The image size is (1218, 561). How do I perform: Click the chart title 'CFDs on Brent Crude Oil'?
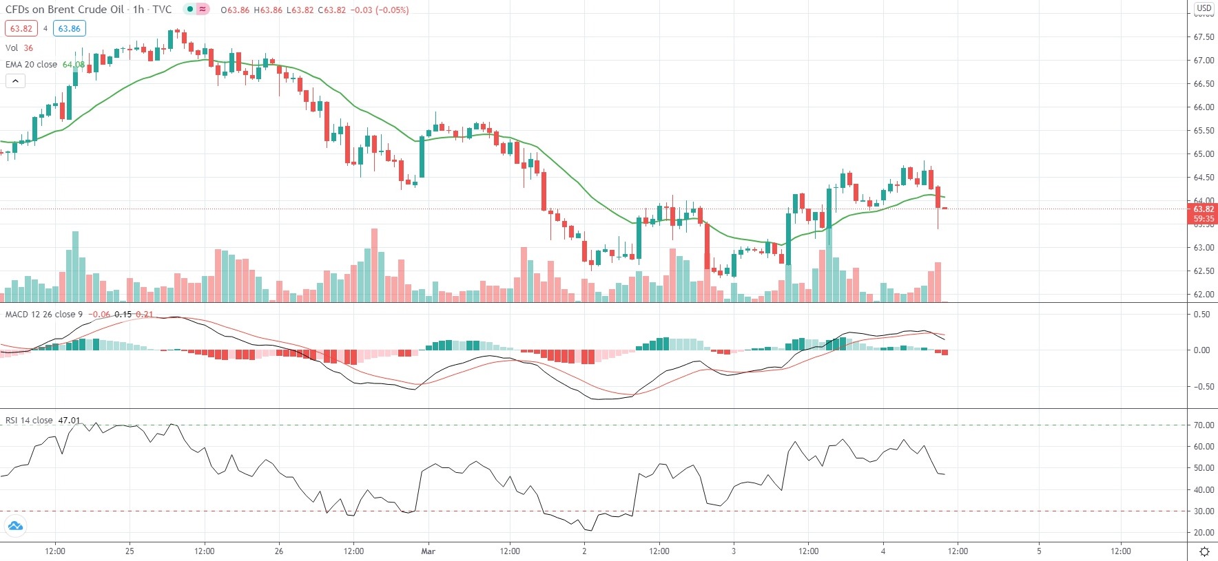[65, 10]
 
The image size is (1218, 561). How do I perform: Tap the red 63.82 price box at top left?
[21, 29]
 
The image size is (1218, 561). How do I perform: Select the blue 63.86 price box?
[69, 29]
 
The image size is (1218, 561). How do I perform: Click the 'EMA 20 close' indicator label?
[32, 65]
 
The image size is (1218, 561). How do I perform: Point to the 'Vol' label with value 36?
[12, 48]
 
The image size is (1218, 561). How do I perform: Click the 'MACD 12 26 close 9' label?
[44, 315]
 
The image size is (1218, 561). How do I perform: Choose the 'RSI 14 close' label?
[29, 421]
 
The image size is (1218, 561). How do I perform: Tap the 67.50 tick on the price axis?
[1204, 37]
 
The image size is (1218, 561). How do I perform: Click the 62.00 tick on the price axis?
[1204, 295]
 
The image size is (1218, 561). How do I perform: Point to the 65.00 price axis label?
[1204, 154]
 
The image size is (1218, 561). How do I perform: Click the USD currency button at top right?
[1204, 8]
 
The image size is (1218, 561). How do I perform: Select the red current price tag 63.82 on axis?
[1204, 209]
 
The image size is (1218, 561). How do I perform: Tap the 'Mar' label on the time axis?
[428, 551]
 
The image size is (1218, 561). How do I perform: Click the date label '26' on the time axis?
[279, 551]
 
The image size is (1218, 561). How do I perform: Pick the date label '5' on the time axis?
[1039, 551]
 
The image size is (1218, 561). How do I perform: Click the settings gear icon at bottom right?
[1204, 551]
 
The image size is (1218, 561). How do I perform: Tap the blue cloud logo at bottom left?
[14, 527]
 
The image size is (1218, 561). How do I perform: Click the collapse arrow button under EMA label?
[15, 81]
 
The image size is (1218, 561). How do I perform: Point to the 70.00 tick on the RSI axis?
[1204, 425]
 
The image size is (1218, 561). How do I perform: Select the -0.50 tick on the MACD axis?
[1202, 387]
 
